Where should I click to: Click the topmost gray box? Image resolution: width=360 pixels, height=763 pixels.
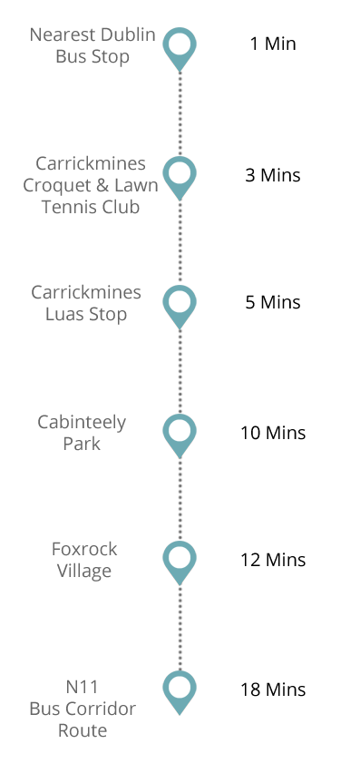click(x=92, y=46)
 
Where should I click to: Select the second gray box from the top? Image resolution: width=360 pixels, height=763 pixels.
click(x=91, y=184)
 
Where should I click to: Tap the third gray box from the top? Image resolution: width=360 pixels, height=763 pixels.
click(x=86, y=304)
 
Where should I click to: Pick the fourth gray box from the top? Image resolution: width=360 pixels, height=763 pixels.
click(x=82, y=432)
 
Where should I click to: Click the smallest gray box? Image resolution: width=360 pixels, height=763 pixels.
click(x=85, y=561)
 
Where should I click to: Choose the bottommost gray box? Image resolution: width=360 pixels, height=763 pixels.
click(x=83, y=708)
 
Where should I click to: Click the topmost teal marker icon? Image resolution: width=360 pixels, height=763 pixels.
click(x=180, y=49)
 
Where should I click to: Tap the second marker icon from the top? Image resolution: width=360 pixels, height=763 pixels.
click(x=180, y=178)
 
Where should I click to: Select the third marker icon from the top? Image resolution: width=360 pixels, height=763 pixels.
click(x=180, y=307)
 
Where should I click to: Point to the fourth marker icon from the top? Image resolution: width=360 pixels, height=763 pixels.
click(x=180, y=435)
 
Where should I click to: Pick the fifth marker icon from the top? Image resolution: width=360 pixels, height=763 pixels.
click(x=180, y=562)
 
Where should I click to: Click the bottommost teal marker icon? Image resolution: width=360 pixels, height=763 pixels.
click(x=180, y=692)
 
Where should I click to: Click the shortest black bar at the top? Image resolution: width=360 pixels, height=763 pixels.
click(x=273, y=43)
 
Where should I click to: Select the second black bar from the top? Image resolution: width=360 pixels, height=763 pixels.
click(x=273, y=175)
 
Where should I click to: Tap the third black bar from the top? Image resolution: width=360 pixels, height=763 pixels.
click(x=273, y=302)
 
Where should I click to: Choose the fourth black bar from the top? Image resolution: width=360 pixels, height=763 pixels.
click(x=273, y=433)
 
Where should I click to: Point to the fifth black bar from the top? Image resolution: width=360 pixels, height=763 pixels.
click(x=273, y=560)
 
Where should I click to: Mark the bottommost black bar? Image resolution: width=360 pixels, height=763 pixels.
click(x=273, y=690)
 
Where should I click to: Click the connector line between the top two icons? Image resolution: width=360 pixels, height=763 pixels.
click(x=180, y=113)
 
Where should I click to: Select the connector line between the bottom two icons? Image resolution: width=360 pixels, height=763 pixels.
click(x=180, y=628)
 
